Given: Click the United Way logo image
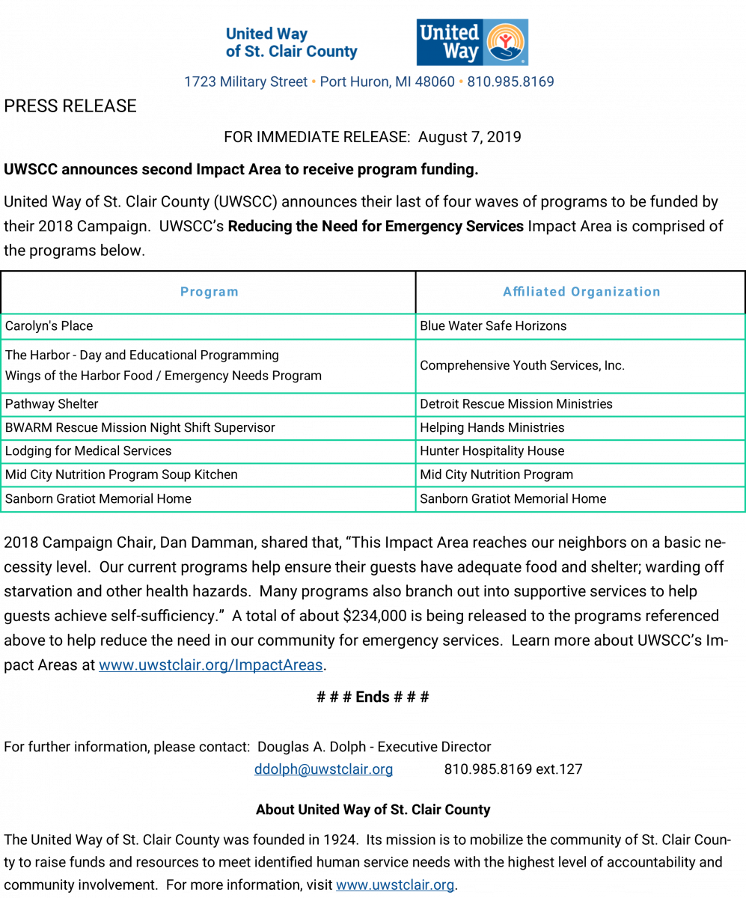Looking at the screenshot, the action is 472,42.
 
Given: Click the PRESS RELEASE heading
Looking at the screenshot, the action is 70,106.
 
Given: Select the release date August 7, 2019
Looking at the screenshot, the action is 470,137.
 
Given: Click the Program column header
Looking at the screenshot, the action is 209,292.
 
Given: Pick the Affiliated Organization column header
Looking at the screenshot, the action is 581,292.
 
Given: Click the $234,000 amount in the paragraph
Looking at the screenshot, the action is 375,616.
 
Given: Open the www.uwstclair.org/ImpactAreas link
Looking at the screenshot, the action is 211,665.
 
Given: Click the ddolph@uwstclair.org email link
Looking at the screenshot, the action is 323,769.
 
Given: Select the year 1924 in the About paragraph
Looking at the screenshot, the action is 340,840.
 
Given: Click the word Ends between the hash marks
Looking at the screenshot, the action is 373,697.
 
